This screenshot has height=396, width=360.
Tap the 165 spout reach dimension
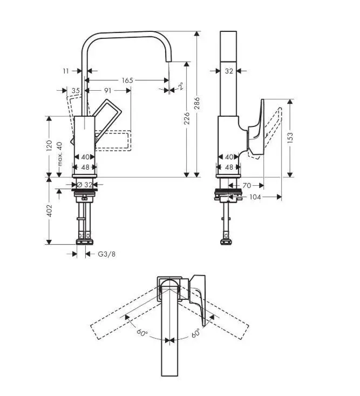pyautogui.click(x=127, y=80)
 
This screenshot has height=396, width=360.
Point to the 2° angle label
pyautogui.click(x=180, y=86)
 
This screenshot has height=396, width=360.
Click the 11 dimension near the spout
pyautogui.click(x=65, y=70)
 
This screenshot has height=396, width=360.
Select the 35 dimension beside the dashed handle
pyautogui.click(x=75, y=90)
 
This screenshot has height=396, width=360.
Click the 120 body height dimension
pyautogui.click(x=49, y=145)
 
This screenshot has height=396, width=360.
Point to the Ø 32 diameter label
pyautogui.click(x=85, y=184)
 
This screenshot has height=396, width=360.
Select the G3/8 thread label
pyautogui.click(x=106, y=254)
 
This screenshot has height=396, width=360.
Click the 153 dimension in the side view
pyautogui.click(x=291, y=137)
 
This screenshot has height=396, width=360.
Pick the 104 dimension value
pyautogui.click(x=255, y=197)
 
